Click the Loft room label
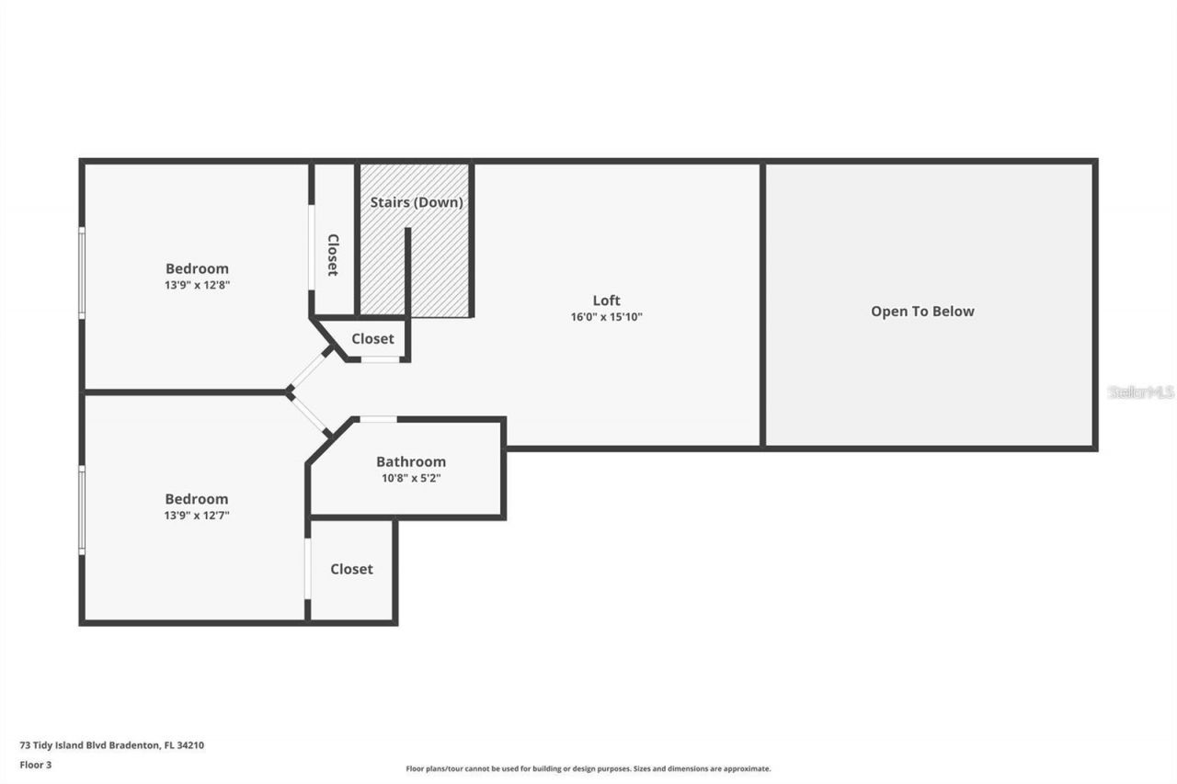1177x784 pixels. click(606, 301)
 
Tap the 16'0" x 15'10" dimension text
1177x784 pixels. click(606, 317)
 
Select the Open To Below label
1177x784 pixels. click(922, 312)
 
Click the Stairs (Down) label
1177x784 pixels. click(416, 202)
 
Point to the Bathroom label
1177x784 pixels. click(411, 461)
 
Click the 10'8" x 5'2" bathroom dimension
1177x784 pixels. click(411, 478)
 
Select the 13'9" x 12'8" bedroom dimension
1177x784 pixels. click(197, 285)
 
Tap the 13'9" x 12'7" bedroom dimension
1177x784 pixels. click(197, 516)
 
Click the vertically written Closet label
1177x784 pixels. click(333, 255)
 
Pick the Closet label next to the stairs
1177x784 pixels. click(372, 339)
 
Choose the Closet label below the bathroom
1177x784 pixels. click(351, 569)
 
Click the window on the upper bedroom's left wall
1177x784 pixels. click(82, 273)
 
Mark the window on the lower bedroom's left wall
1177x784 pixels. click(82, 509)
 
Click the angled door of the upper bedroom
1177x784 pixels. click(309, 370)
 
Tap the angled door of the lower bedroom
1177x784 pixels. click(310, 415)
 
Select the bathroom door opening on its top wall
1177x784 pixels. click(377, 419)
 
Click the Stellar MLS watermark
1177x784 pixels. click(1140, 392)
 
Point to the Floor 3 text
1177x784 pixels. click(36, 764)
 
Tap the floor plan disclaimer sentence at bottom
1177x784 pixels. click(588, 768)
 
